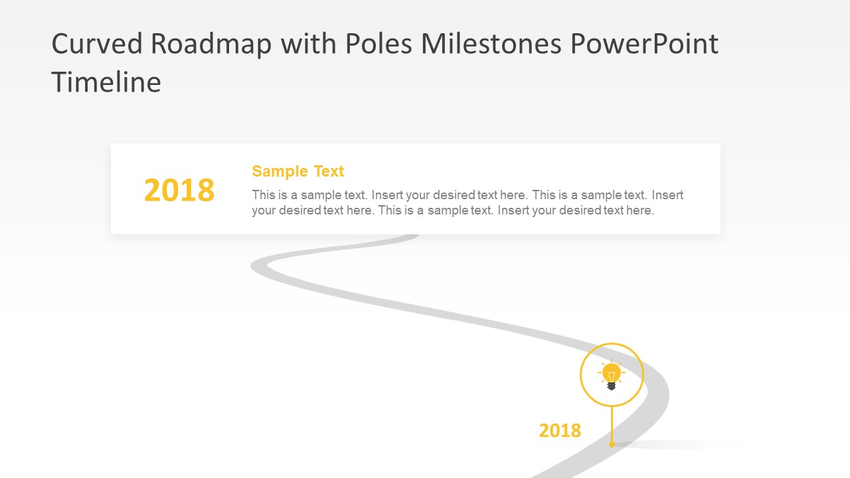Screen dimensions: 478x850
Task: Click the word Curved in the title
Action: click(x=97, y=44)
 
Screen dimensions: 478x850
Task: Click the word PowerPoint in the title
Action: click(x=644, y=44)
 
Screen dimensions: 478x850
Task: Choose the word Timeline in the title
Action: click(x=106, y=83)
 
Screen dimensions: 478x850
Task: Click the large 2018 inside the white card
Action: click(x=179, y=191)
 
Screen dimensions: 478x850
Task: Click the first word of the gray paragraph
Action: click(x=263, y=195)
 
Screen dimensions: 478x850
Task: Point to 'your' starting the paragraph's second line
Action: click(x=264, y=211)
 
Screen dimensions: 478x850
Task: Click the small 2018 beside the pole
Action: click(x=560, y=431)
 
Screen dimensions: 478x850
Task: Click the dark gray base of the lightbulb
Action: click(x=612, y=386)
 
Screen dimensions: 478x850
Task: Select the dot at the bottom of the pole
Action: click(x=612, y=444)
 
